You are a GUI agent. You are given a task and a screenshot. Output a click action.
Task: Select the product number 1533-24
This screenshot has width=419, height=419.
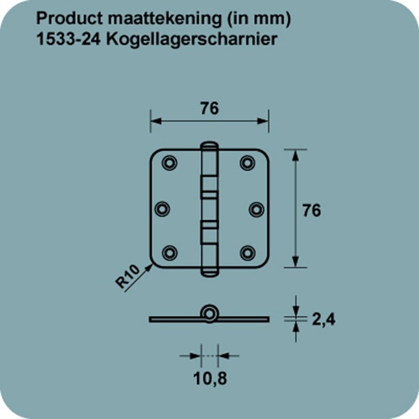[68, 39]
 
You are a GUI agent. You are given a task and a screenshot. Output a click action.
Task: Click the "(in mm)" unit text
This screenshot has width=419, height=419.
[259, 19]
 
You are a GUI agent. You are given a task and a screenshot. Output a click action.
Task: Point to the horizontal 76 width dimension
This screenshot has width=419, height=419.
[210, 108]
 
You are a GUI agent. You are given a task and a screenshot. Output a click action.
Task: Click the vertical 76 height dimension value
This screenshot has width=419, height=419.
[312, 210]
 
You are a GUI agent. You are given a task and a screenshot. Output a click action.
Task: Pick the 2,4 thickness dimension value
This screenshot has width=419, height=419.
[323, 319]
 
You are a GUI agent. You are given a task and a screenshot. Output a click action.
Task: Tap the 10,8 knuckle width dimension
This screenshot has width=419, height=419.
[210, 378]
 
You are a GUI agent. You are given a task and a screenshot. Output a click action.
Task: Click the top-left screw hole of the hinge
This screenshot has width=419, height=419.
[169, 163]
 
